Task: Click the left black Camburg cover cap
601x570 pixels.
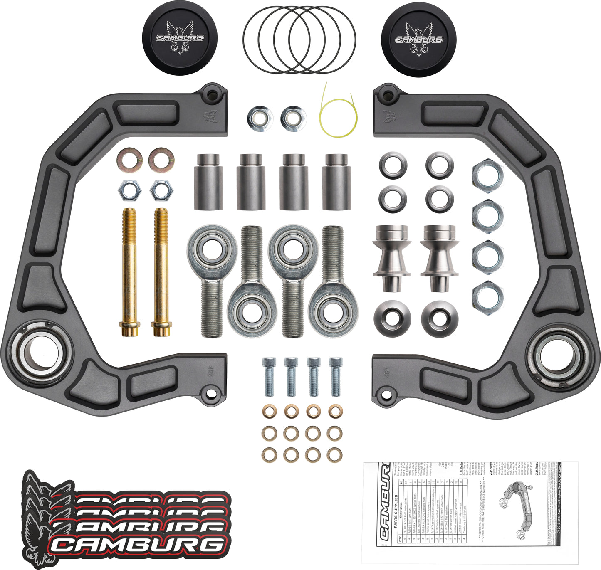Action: pyautogui.click(x=179, y=38)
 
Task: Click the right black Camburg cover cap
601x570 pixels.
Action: pyautogui.click(x=418, y=39)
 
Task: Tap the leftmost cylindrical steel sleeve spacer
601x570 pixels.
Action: pyautogui.click(x=208, y=182)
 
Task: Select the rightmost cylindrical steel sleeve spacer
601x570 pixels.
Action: pyautogui.click(x=336, y=182)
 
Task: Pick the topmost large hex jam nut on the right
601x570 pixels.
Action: pyautogui.click(x=487, y=174)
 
